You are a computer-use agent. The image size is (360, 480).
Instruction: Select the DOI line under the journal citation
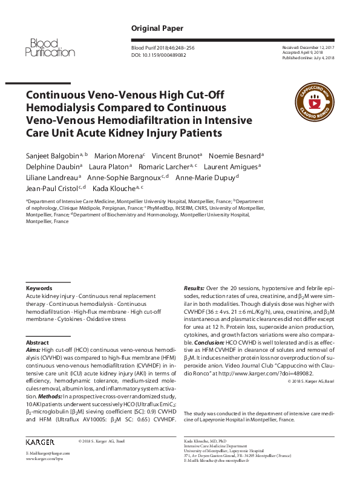click(159, 54)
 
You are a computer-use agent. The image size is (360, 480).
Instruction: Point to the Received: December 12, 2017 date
click(309, 47)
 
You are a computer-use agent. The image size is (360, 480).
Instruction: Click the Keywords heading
click(39, 288)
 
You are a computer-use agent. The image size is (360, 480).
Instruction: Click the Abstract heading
click(38, 342)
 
